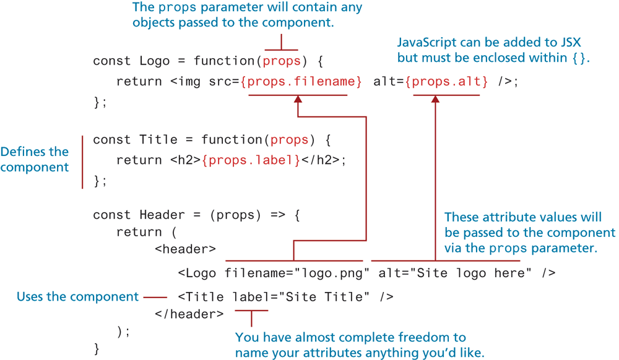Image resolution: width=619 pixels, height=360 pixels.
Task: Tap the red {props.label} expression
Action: tap(251, 160)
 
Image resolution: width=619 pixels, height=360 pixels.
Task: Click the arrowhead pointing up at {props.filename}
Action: tap(298, 99)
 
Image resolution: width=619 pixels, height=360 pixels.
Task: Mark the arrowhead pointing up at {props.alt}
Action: tap(435, 99)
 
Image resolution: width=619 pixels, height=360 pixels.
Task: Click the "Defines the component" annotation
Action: tap(35, 160)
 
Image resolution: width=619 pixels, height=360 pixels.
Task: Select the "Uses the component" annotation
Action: tap(77, 297)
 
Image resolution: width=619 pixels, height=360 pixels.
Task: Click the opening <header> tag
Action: tap(185, 249)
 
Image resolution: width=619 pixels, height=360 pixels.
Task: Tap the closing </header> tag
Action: tap(189, 314)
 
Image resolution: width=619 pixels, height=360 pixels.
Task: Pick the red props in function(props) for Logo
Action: tap(282, 61)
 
